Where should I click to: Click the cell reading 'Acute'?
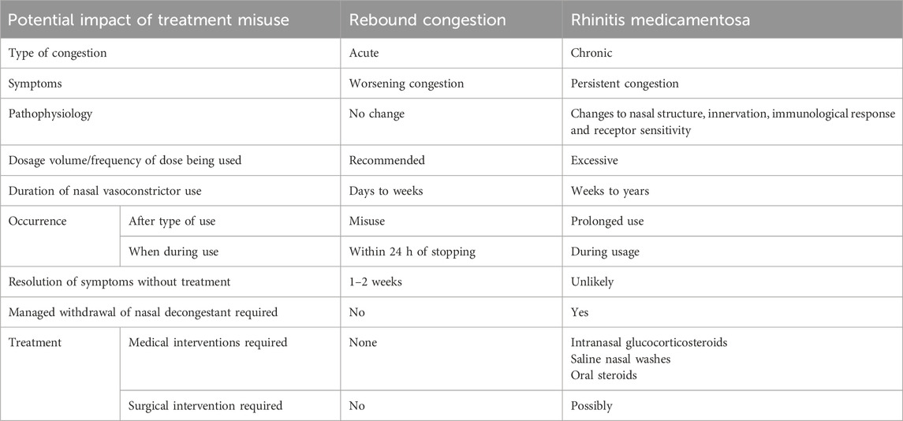point(364,53)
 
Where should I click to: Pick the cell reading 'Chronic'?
point(591,53)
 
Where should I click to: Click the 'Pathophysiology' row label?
point(50,114)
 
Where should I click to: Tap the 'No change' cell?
point(376,114)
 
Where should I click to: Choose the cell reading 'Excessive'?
point(595,160)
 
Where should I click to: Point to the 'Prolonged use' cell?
point(607,221)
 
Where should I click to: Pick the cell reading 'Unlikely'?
point(592,281)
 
